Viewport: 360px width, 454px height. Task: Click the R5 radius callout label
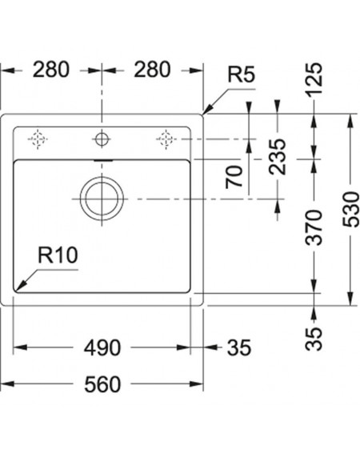point(242,74)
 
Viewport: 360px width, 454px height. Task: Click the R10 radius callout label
point(58,255)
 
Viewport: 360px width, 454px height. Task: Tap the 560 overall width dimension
point(102,384)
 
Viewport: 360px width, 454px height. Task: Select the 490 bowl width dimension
point(102,348)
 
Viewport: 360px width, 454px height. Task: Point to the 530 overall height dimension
point(350,209)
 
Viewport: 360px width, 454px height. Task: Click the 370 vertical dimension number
point(314,228)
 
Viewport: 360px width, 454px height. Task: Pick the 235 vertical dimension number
point(278,157)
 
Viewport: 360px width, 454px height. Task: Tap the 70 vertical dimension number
point(234,177)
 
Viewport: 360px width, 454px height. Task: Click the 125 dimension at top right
point(314,80)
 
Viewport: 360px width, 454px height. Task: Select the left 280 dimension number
point(51,70)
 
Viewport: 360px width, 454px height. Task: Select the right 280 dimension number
point(152,70)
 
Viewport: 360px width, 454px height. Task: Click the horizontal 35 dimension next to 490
point(239,348)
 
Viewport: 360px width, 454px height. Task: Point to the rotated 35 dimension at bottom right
point(314,339)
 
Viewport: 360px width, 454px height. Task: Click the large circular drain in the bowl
point(102,178)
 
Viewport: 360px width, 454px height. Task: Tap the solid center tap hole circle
point(102,133)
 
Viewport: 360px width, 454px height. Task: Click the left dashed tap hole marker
point(38,139)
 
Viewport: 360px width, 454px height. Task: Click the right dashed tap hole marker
point(166,139)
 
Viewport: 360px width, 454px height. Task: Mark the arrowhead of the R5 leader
point(203,114)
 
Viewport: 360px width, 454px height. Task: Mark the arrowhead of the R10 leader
point(15,291)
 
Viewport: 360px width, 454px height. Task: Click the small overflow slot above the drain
point(103,159)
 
